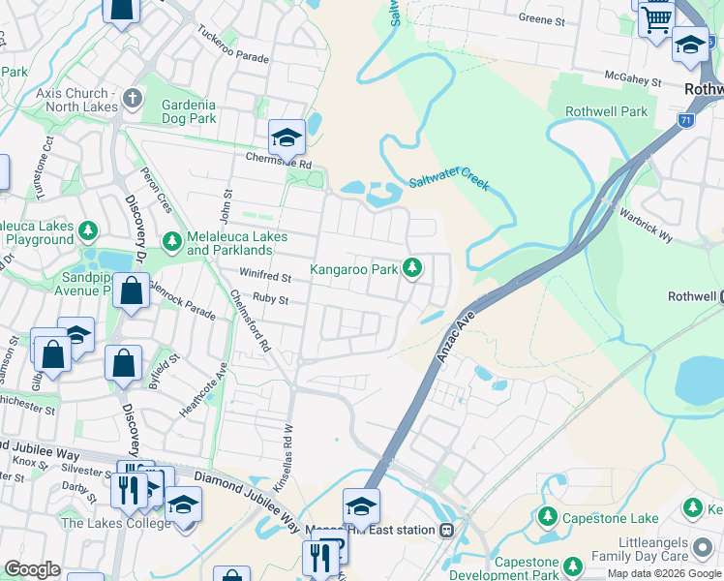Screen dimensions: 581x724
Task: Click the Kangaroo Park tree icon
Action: [413, 267]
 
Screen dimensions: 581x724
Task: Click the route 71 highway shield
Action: [684, 120]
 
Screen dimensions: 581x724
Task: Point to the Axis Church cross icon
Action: [132, 99]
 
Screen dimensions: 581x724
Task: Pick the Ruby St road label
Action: [271, 299]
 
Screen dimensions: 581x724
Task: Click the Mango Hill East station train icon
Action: [446, 530]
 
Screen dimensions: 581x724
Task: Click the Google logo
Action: [32, 569]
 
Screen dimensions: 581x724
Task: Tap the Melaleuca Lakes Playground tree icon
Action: [89, 230]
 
